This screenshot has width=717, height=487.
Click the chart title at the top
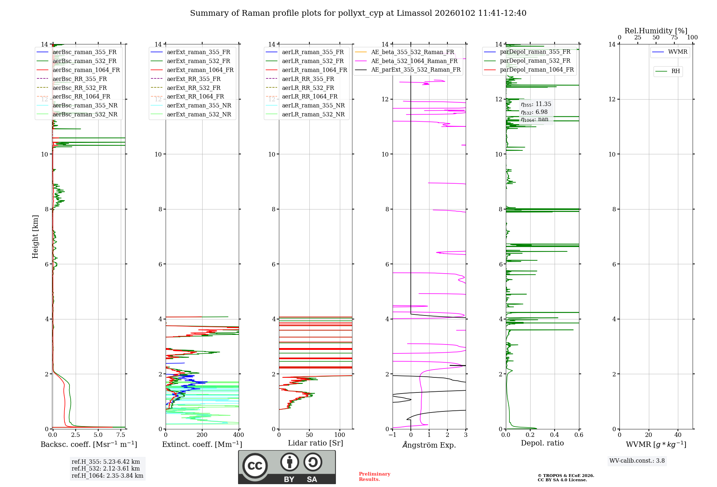click(358, 13)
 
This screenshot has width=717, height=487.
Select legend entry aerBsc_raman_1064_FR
click(86, 70)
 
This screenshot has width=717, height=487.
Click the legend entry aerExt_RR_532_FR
click(194, 88)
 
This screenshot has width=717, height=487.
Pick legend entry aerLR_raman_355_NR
click(313, 105)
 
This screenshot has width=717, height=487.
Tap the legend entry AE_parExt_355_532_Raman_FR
click(416, 69)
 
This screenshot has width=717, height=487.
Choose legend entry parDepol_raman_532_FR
click(535, 61)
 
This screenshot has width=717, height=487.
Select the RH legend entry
click(675, 71)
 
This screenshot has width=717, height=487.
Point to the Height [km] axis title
click(35, 236)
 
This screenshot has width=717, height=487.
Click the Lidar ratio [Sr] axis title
click(315, 443)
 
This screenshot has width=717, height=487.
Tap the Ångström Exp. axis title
click(429, 445)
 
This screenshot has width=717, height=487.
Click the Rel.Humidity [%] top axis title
click(656, 31)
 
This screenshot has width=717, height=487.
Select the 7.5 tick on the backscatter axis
click(121, 435)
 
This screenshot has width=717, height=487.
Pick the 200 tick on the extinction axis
click(202, 435)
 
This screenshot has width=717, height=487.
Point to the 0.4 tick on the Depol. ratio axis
click(554, 435)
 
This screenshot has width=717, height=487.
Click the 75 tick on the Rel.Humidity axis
click(674, 37)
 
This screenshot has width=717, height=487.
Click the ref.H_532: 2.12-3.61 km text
click(105, 468)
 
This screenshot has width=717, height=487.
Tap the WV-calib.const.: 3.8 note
click(637, 461)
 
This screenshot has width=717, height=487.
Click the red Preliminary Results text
click(374, 476)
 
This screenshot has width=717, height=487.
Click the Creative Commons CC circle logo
click(255, 466)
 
